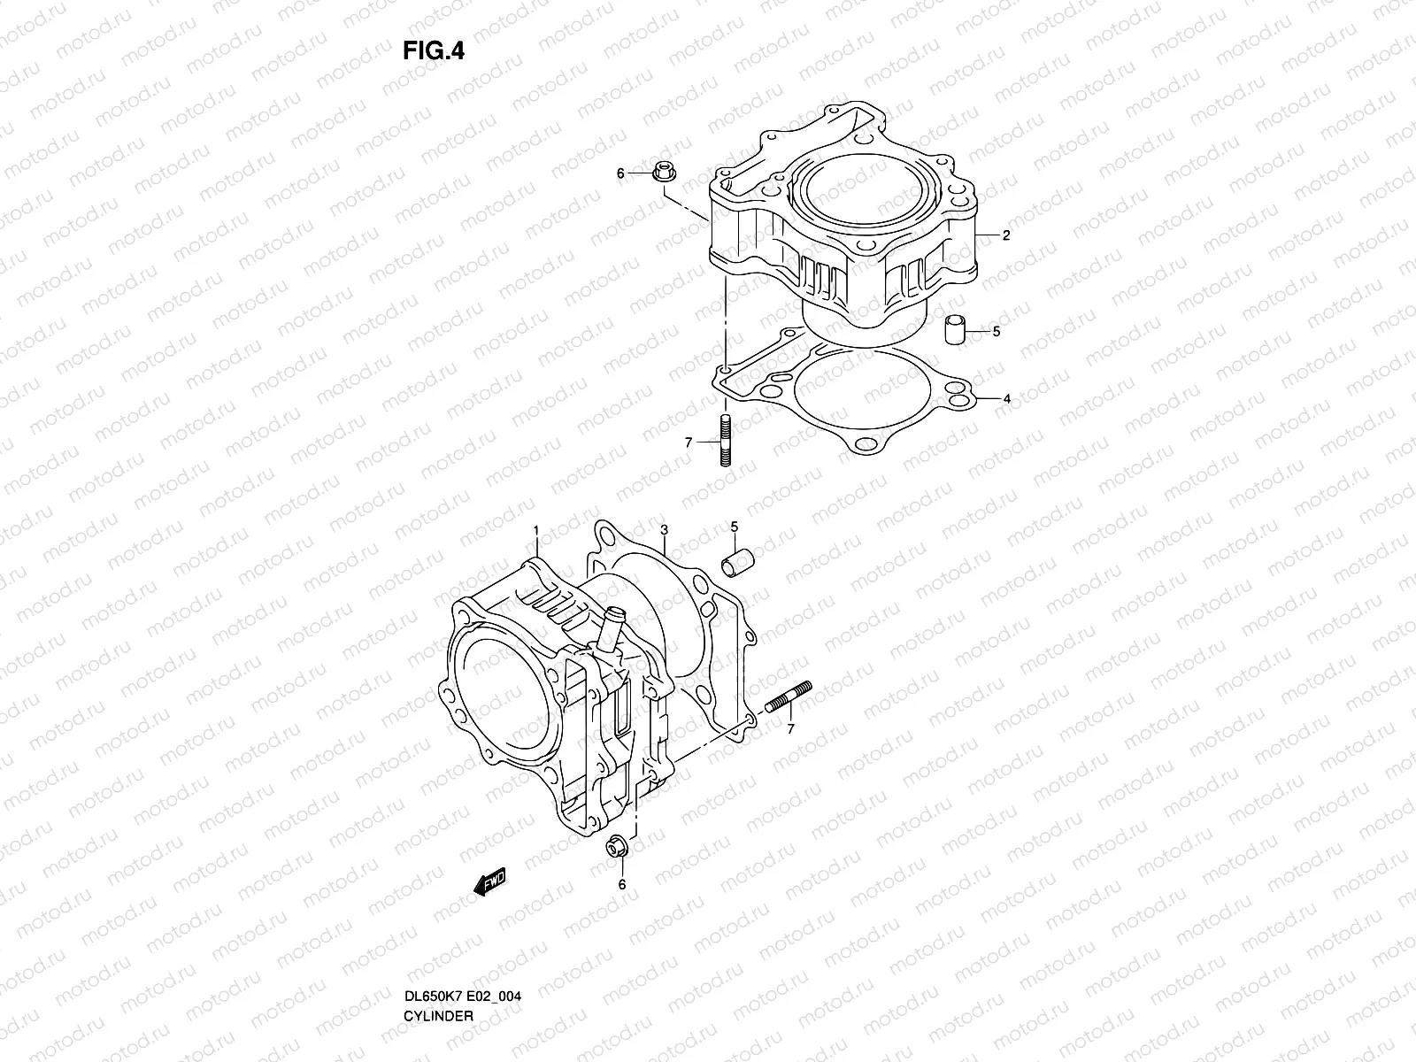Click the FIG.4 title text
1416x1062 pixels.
coord(434,51)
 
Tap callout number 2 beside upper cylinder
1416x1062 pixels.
coord(1006,236)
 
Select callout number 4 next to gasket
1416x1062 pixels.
coord(1006,399)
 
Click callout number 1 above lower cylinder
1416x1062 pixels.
coord(535,530)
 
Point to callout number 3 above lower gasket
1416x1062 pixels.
coord(664,530)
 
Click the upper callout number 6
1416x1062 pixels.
coord(620,173)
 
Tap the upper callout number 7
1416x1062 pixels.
coord(689,441)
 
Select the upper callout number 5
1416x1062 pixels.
coord(996,332)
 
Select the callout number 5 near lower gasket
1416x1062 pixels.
coord(733,528)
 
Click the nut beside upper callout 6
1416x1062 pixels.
coord(663,173)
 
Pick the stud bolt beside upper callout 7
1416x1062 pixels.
coord(726,442)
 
